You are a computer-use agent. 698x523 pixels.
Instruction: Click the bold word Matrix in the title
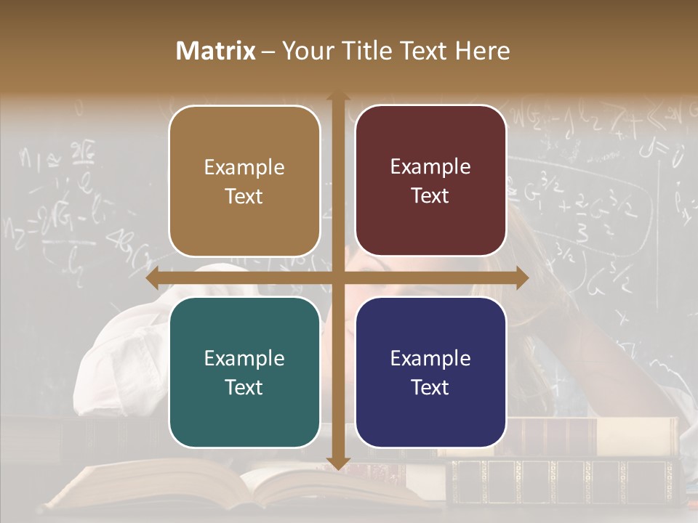click(x=216, y=51)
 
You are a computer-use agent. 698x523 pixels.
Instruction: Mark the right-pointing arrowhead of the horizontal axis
click(x=522, y=277)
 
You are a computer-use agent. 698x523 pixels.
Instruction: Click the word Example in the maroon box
click(x=430, y=167)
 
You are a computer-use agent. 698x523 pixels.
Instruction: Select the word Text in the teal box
click(x=244, y=387)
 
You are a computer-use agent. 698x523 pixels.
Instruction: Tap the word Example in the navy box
click(x=430, y=358)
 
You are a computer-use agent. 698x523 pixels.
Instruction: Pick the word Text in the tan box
click(x=244, y=196)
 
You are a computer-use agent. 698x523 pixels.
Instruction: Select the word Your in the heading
click(x=305, y=51)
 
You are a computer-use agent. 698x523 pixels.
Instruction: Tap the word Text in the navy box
click(x=430, y=387)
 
